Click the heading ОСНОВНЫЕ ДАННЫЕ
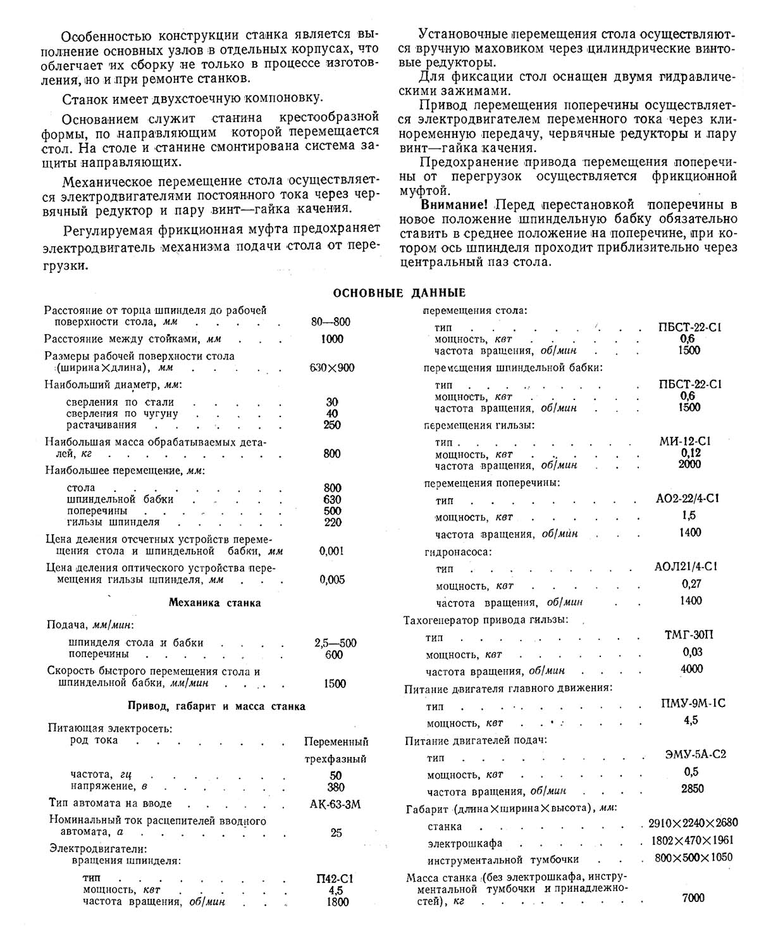pyautogui.click(x=399, y=293)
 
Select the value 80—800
pyautogui.click(x=331, y=322)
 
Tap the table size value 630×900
pyautogui.click(x=332, y=368)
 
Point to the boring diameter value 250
pyautogui.click(x=332, y=425)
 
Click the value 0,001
pyautogui.click(x=332, y=551)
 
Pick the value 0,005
pyautogui.click(x=332, y=579)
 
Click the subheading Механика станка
pyautogui.click(x=214, y=603)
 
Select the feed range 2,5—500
pyautogui.click(x=335, y=643)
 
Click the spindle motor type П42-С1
pyautogui.click(x=334, y=879)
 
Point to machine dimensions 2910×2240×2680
pyautogui.click(x=693, y=823)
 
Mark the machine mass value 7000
pyautogui.click(x=693, y=898)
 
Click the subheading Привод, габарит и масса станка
pyautogui.click(x=216, y=706)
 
